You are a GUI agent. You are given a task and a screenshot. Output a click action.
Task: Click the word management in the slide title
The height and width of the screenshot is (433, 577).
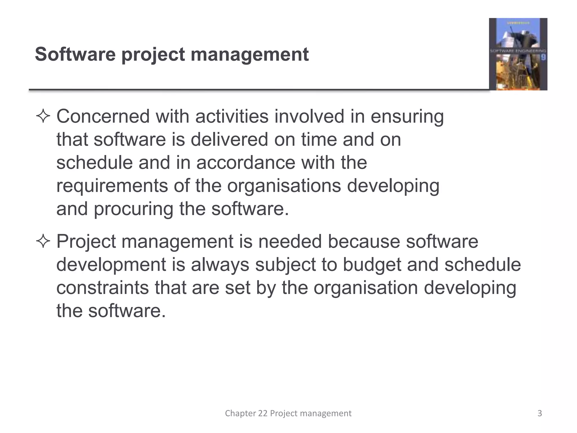250,55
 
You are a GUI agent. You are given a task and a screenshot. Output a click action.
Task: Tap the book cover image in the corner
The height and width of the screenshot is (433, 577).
518,54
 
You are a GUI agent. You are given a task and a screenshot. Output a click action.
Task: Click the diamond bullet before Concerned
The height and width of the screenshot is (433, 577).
43,117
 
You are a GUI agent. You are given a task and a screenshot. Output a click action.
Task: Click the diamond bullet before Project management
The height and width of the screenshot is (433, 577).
43,242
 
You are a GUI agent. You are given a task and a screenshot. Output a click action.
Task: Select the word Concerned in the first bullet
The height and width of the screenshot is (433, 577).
103,116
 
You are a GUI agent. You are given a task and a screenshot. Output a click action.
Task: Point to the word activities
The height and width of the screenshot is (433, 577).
232,116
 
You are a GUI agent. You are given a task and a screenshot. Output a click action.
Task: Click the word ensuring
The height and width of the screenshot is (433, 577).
407,117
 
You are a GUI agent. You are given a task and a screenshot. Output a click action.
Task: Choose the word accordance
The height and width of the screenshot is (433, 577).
246,163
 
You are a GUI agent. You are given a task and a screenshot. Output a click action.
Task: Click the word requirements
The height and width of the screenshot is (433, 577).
112,186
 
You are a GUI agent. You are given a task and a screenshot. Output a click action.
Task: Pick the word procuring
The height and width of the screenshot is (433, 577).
133,209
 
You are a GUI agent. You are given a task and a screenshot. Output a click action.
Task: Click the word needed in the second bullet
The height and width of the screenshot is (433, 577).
290,242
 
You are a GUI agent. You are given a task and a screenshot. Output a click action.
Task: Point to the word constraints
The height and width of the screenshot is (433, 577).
103,288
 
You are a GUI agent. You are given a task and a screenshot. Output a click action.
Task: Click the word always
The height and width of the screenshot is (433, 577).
220,265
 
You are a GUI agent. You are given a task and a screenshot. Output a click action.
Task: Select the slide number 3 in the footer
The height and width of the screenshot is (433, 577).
540,413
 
